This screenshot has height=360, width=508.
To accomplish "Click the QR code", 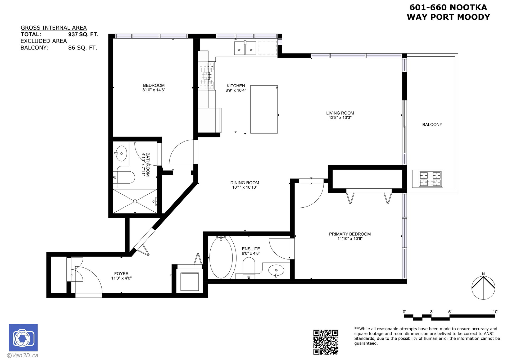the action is tap(326, 342).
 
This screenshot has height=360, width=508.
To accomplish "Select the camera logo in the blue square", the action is tap(23, 338).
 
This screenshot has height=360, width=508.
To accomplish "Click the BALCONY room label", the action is tap(432, 125).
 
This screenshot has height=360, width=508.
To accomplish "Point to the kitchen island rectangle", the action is tap(264, 109).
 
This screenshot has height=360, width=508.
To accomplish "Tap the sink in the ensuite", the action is tap(276, 271).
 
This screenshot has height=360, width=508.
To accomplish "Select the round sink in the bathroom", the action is tap(121, 153).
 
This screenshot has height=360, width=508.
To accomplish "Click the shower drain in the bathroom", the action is tap(135, 201).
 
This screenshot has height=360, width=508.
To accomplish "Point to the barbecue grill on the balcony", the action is tap(428, 179).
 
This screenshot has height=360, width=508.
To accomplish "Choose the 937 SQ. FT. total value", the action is tap(83, 34).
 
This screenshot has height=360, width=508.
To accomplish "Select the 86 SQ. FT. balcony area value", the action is tap(83, 48).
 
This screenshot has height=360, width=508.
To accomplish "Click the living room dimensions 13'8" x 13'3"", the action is tap(340, 118).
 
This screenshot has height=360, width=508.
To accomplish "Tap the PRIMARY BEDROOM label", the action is tap(350, 234).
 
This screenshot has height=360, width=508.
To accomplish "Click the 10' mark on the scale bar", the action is tap(495, 312).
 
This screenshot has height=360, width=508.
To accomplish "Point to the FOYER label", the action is tap(121, 274).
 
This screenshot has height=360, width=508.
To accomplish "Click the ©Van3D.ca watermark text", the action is tap(22, 356).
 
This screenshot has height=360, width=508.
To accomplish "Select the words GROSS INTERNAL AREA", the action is tap(54, 28).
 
